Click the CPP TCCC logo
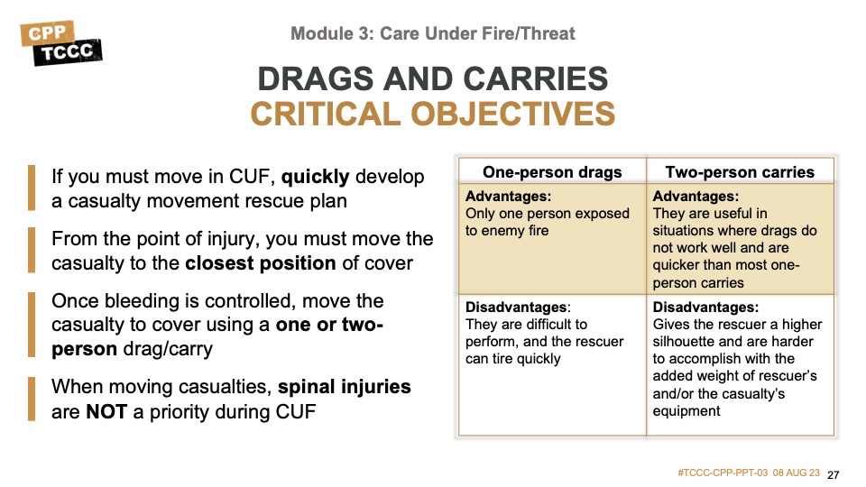[61, 43]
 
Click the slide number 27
[834, 475]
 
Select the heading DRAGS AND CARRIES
[432, 78]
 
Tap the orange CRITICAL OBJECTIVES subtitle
[432, 114]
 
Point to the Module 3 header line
[432, 33]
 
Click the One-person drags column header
[552, 172]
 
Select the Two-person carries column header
[740, 172]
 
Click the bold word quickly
[316, 178]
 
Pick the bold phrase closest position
[260, 263]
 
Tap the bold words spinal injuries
[344, 387]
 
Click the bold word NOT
[106, 412]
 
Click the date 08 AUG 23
[797, 473]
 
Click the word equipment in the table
[686, 411]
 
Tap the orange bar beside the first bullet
[32, 188]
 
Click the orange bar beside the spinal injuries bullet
[32, 399]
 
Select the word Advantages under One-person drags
[508, 197]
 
